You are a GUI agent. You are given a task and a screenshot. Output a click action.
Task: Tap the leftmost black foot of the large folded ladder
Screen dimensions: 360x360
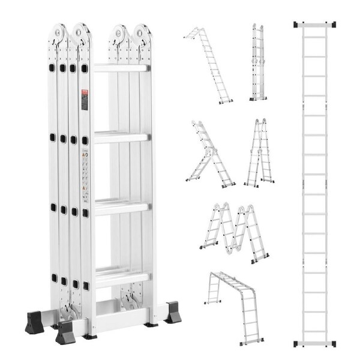34,322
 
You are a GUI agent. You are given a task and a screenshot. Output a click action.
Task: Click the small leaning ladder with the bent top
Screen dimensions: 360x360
209,64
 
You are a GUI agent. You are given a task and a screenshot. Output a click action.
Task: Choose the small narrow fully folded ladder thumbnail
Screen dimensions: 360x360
258,62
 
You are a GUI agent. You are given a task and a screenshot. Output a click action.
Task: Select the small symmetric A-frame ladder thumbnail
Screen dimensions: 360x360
259,152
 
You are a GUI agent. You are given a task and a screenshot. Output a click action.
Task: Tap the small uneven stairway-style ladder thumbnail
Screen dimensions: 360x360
209,154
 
